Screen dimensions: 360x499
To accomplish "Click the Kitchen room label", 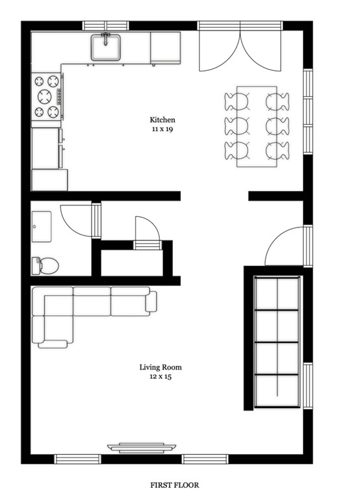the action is click(162, 120).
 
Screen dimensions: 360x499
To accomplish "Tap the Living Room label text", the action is click(161, 367).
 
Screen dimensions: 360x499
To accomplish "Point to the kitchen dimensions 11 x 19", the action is click(162, 129).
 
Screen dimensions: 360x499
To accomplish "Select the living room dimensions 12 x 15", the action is click(161, 377).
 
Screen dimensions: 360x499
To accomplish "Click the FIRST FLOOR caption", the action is click(174, 485).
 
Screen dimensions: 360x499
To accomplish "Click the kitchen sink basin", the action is click(106, 47).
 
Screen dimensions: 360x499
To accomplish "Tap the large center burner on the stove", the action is click(45, 96).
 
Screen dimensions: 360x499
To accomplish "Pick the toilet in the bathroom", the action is click(45, 265).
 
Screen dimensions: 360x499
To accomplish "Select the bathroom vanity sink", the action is click(42, 227).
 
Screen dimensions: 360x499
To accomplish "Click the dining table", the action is click(257, 126).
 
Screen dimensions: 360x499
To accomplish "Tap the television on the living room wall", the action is click(142, 448).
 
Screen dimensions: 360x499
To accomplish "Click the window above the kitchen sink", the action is click(106, 25).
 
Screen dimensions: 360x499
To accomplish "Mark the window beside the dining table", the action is click(308, 111).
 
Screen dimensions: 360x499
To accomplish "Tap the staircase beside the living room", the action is click(277, 342).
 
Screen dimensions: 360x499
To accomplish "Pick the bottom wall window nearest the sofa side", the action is click(77, 459).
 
